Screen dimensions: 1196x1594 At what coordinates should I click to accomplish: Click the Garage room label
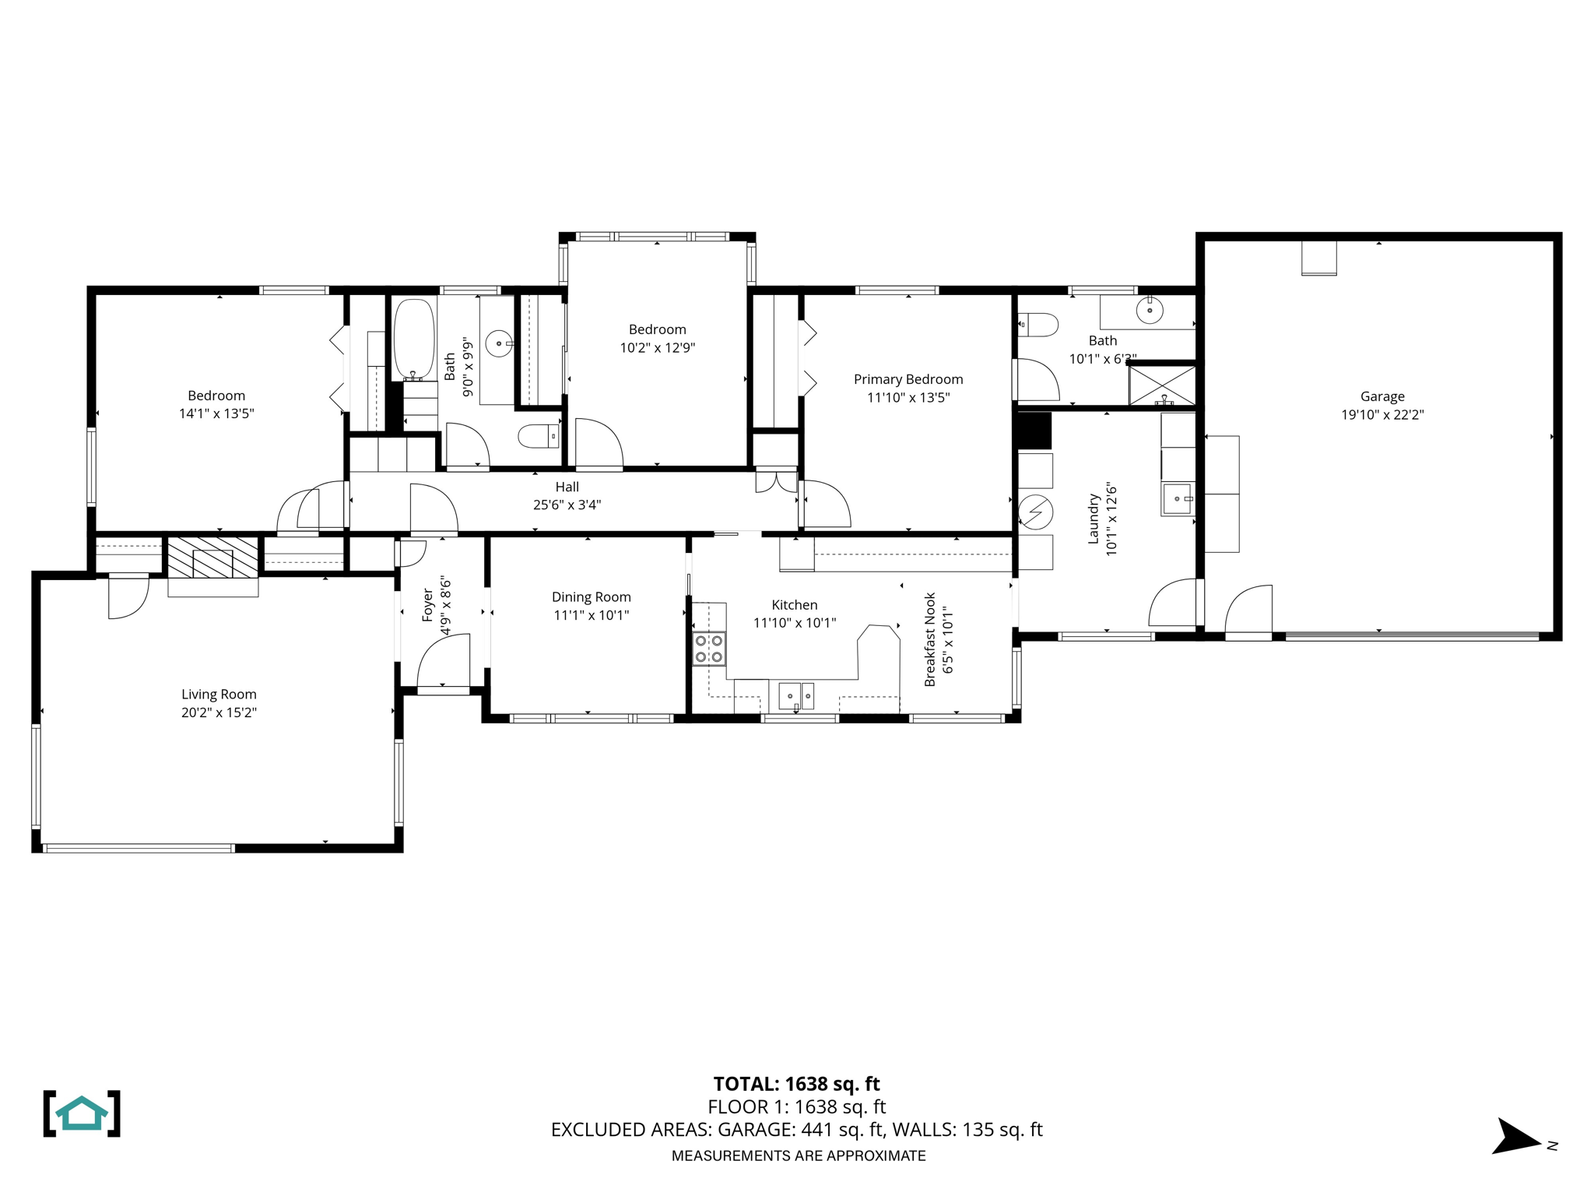click(x=1382, y=396)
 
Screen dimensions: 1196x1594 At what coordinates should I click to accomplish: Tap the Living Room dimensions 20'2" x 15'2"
click(x=219, y=712)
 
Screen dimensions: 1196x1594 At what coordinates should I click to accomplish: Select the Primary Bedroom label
click(x=908, y=379)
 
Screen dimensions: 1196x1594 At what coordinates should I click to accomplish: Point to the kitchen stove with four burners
click(x=709, y=649)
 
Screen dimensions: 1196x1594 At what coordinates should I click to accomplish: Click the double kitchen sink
click(x=796, y=695)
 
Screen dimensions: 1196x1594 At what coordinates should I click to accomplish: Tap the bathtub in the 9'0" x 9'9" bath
click(x=413, y=339)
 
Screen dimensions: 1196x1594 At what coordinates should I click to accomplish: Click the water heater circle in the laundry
click(x=1036, y=512)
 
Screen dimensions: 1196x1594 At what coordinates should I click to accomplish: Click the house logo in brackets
click(x=82, y=1113)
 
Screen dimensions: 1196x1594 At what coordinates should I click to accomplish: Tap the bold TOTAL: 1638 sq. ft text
click(x=796, y=1084)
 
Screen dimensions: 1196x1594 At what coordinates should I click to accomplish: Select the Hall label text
click(x=567, y=487)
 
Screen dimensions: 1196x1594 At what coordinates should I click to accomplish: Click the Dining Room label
click(x=591, y=597)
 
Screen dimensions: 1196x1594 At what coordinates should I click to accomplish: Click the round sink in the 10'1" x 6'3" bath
click(x=1150, y=310)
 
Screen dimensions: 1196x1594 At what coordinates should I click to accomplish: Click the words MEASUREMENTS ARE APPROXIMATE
click(x=799, y=1156)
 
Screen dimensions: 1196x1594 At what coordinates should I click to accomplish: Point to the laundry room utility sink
click(x=1177, y=498)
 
